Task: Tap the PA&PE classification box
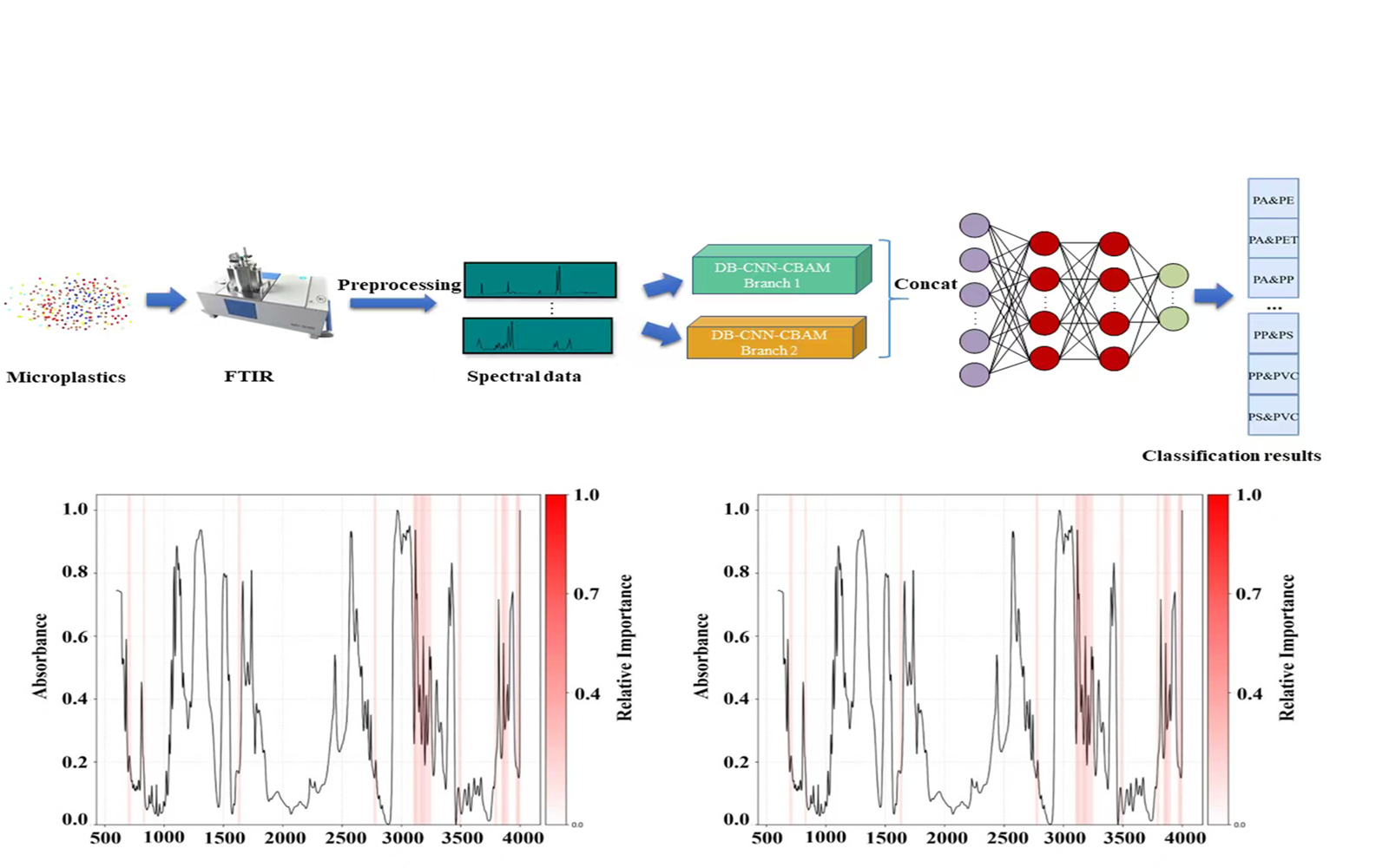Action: pos(1273,200)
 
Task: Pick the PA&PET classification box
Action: pos(1273,240)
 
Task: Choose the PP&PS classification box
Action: pos(1273,335)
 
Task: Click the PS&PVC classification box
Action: pos(1273,417)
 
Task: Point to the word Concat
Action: pos(925,284)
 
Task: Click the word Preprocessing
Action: pos(399,285)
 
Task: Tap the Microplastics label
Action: pos(66,377)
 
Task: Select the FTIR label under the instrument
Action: pos(248,376)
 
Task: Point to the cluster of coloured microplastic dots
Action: pos(69,302)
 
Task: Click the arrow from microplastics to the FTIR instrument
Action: pos(166,300)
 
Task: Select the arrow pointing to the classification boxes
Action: pos(1213,296)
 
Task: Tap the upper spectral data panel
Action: pos(540,280)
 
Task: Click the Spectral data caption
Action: pos(523,376)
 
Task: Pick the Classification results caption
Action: pos(1231,456)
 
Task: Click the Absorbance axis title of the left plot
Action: pos(40,655)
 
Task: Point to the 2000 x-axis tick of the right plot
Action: pos(946,838)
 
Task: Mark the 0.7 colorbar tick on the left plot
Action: pos(587,594)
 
